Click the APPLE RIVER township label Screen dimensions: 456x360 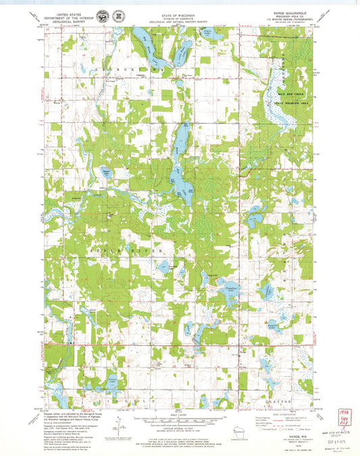(135, 251)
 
